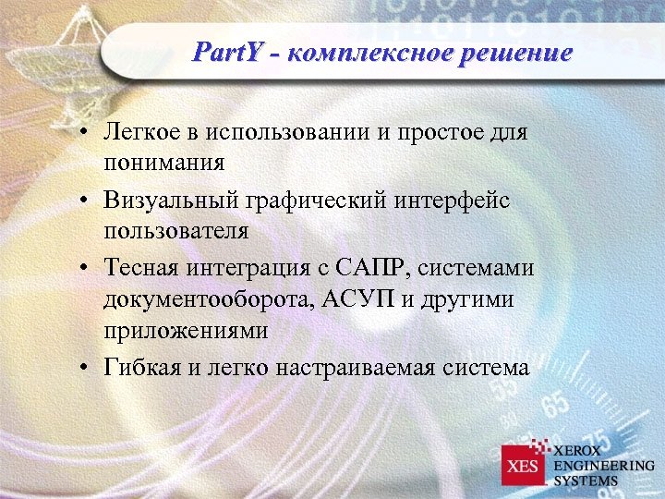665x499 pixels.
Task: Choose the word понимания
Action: [164, 164]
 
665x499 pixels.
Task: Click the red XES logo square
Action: [524, 466]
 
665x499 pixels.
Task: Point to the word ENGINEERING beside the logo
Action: [604, 466]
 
